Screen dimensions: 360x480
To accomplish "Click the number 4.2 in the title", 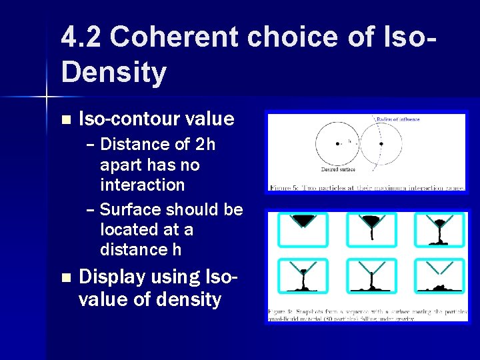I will pos(81,37).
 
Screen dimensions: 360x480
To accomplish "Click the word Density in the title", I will pos(113,73).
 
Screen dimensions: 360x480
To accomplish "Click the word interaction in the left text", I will pos(142,185).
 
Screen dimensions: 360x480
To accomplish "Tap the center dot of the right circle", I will pos(381,142).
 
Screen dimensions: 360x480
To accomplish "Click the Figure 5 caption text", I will pos(367,187).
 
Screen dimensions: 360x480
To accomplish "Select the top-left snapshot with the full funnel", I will pos(303,229).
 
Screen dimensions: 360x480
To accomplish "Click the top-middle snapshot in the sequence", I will pos(371,229).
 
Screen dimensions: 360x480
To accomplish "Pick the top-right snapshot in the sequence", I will pos(439,229).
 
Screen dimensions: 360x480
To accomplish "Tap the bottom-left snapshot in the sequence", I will pos(303,275).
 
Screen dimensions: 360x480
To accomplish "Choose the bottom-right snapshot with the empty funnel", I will pos(439,275).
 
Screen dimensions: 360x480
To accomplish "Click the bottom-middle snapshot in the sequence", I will pos(371,275).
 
